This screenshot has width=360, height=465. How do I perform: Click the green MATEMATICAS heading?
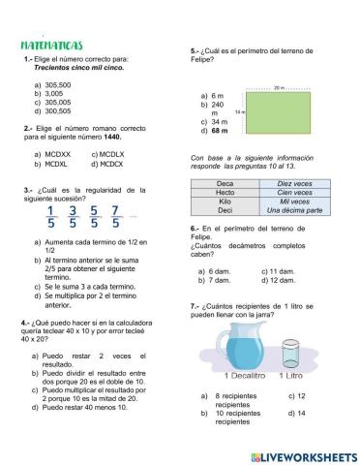(51, 46)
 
